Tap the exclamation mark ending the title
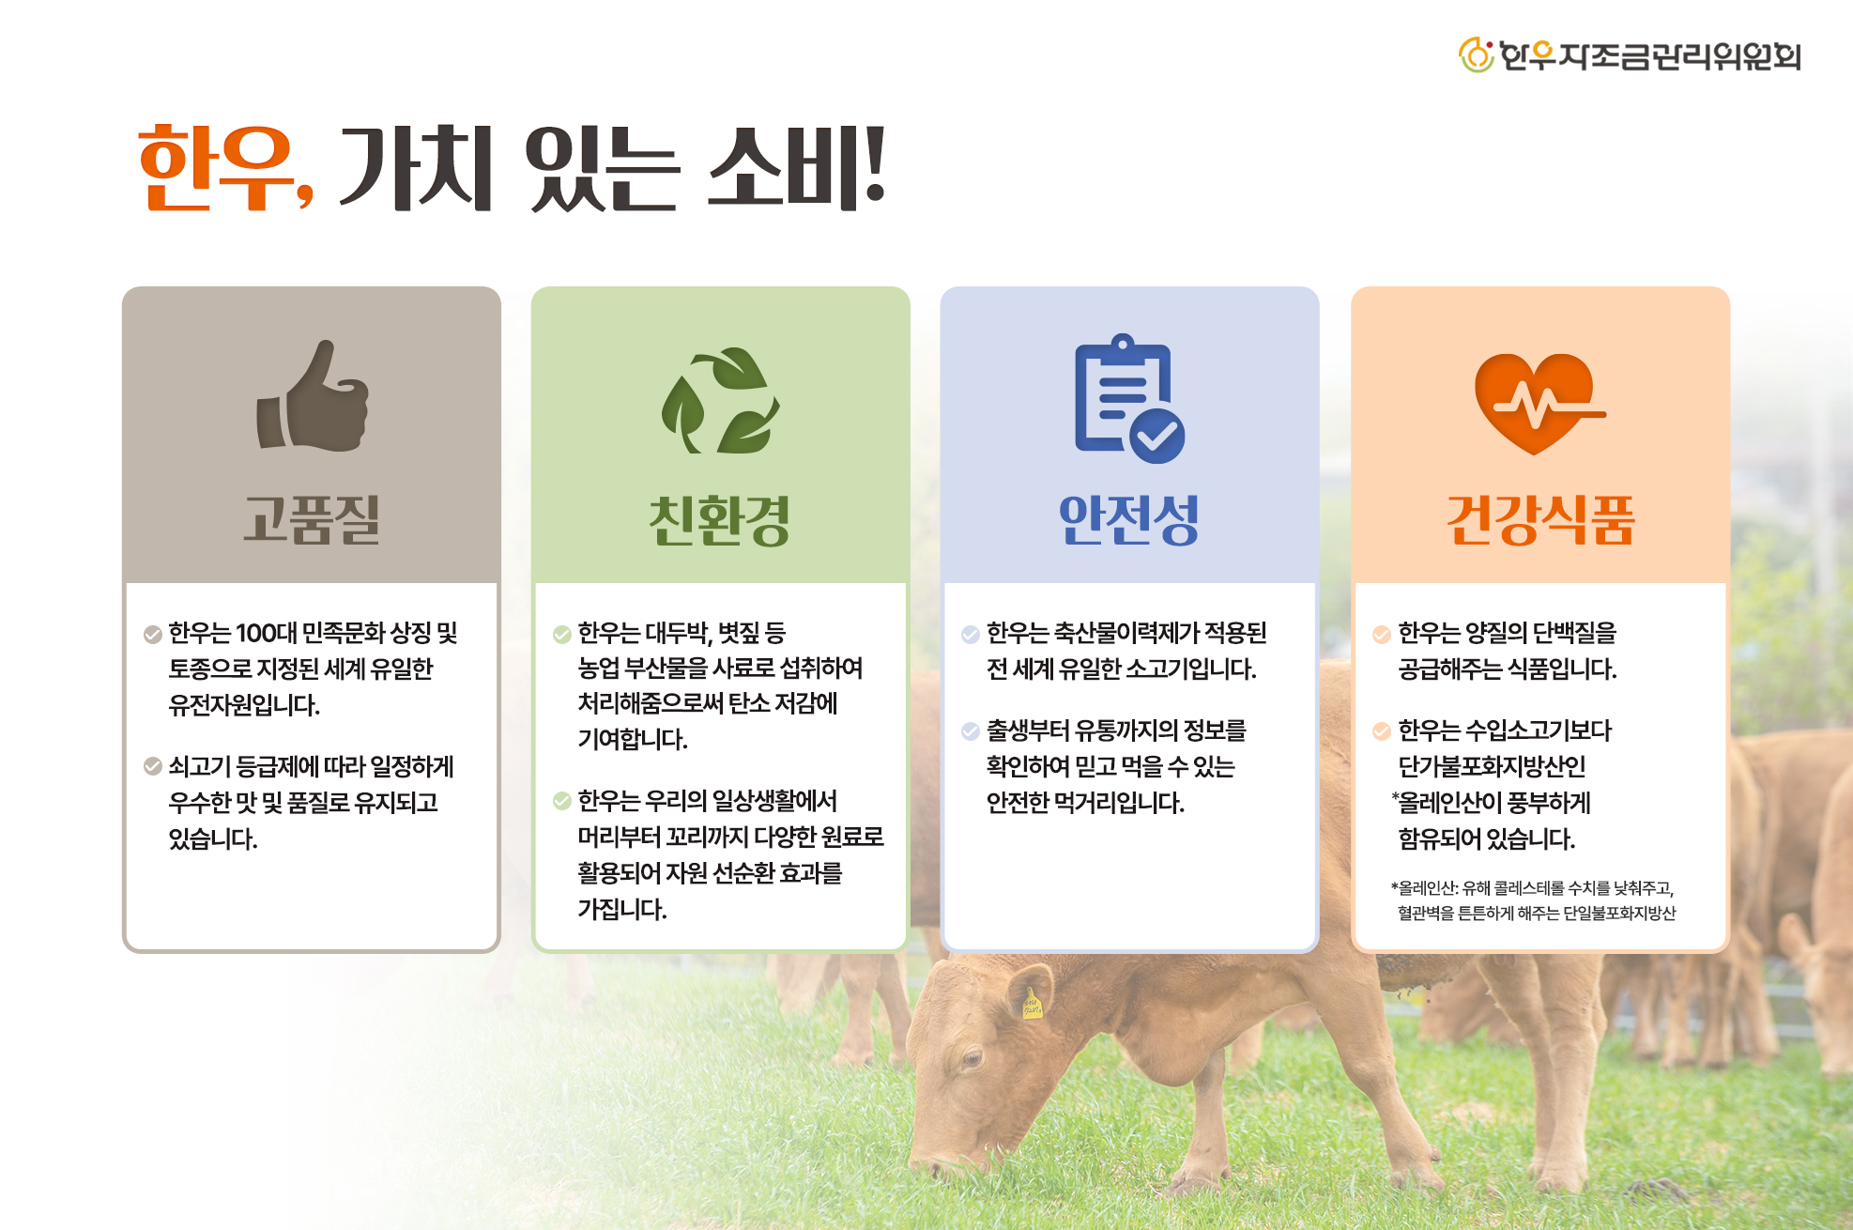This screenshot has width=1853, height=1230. (873, 165)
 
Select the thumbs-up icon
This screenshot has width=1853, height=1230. (313, 395)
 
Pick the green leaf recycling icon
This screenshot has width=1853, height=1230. (721, 400)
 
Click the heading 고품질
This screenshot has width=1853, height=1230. (312, 519)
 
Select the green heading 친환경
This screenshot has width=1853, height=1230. (720, 520)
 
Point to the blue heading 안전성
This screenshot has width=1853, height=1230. (1129, 519)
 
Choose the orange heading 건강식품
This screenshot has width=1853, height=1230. (1540, 519)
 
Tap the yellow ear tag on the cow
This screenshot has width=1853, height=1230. (1032, 1005)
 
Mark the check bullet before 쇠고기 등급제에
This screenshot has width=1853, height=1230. (152, 766)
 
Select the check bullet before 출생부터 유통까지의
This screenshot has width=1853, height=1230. (971, 730)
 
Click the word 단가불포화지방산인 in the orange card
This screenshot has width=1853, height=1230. (1492, 766)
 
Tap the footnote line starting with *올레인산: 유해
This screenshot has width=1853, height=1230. (1532, 887)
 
